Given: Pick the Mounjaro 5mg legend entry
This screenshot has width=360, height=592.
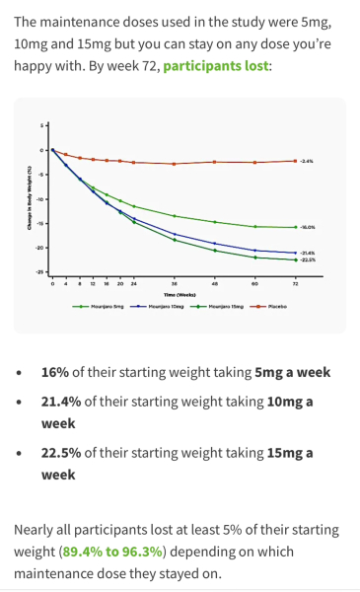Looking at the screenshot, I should pos(102,306).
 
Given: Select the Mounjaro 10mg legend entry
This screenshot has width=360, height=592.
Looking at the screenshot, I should pos(161,306).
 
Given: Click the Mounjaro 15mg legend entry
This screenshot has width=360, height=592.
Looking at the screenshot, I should pos(221,306).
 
